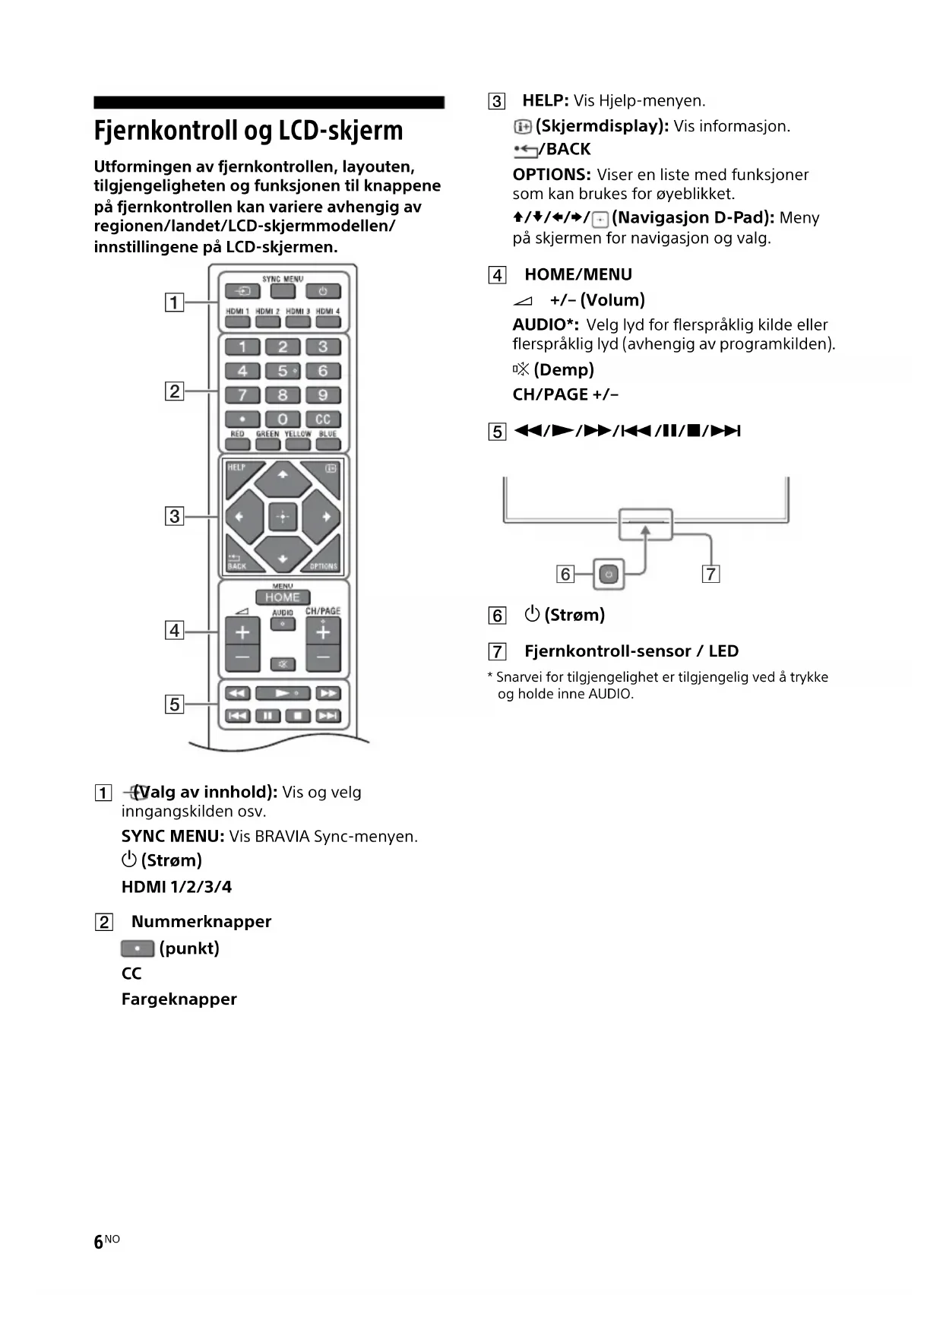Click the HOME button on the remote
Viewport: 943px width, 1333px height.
282,597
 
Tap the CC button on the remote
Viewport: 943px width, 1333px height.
323,419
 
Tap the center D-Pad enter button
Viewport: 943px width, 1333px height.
283,517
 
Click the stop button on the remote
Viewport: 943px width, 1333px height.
298,716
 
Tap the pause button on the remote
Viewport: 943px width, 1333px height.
267,716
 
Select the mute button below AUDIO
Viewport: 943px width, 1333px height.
283,664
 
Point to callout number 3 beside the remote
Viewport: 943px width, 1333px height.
175,517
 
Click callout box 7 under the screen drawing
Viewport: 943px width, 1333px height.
710,575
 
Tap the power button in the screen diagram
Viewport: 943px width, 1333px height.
609,575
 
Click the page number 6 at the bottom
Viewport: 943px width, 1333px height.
98,1242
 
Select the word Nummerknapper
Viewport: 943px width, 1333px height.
201,922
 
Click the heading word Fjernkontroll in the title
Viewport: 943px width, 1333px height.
166,131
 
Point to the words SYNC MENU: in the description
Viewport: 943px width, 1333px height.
172,837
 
